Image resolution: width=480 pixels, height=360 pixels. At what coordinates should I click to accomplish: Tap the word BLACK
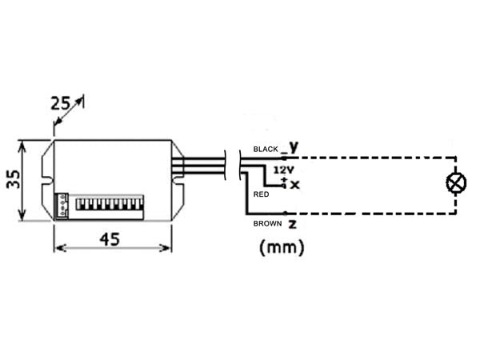click(266, 150)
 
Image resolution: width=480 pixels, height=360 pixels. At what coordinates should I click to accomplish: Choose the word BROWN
click(266, 223)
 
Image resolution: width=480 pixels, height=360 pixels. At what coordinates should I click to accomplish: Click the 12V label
click(282, 170)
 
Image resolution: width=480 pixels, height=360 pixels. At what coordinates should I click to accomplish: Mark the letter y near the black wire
click(293, 146)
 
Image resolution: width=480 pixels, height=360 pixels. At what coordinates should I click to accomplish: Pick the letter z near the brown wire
click(292, 223)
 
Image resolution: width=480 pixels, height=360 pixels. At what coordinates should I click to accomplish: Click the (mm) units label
click(282, 248)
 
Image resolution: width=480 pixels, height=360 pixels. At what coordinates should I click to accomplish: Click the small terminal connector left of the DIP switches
click(62, 205)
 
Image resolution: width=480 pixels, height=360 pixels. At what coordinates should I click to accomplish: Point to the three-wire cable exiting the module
click(204, 165)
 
